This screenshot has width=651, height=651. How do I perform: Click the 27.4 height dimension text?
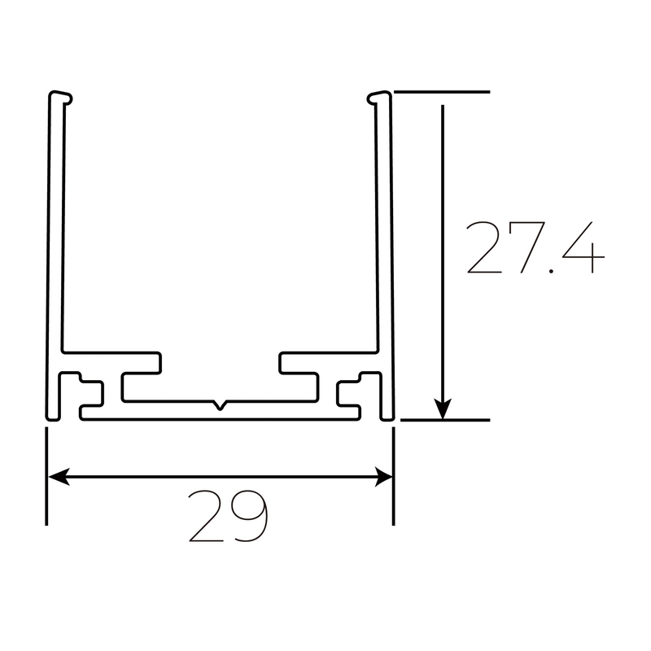coord(535,247)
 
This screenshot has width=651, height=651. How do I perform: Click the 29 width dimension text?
coord(228,517)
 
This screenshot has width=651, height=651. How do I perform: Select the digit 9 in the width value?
coord(248,517)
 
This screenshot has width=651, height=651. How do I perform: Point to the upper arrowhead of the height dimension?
coord(443,114)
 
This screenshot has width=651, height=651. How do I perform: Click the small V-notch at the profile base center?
coord(220,404)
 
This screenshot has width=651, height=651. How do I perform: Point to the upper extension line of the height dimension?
coord(443,91)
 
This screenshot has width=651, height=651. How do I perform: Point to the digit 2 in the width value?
coord(207,517)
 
